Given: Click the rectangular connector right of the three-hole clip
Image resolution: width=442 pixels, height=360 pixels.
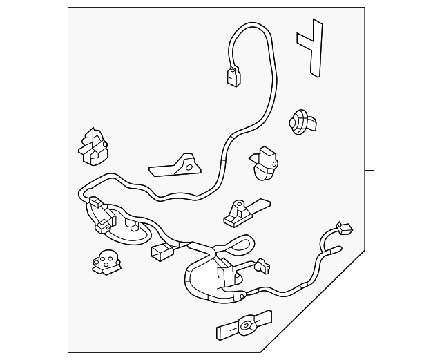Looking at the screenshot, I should coord(159,253).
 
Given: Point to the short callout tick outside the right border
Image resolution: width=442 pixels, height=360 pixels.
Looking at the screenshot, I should coord(369,170).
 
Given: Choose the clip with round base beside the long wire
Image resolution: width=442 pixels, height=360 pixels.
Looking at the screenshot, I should coord(263,164).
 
